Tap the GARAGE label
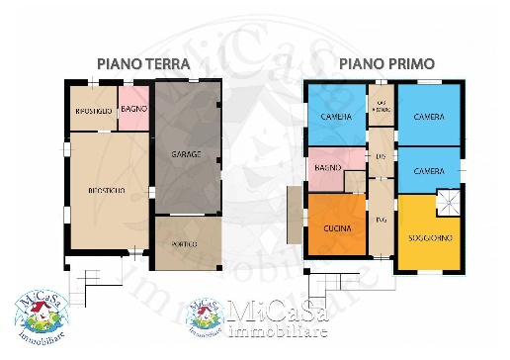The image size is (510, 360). click(186, 154)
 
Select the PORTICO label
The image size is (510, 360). click(185, 242)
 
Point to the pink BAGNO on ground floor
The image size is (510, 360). click(134, 108)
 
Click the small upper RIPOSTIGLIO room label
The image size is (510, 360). click(93, 111)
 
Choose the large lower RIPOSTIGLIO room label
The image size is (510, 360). click(106, 189)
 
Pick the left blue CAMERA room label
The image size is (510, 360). click(336, 118)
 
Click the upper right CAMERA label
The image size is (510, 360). click(429, 117)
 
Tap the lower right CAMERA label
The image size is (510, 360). click(429, 171)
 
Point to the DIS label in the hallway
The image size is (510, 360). click(381, 157)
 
